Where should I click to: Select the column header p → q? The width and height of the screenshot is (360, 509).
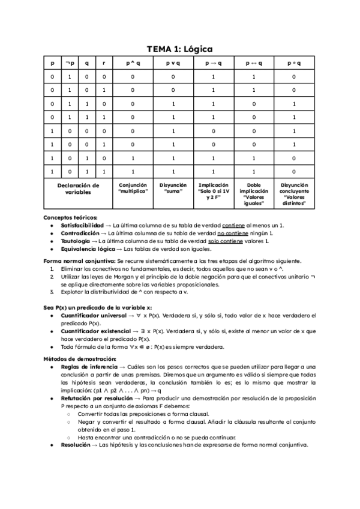[x=214, y=62]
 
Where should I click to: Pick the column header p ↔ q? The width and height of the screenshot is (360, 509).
[x=254, y=62]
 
